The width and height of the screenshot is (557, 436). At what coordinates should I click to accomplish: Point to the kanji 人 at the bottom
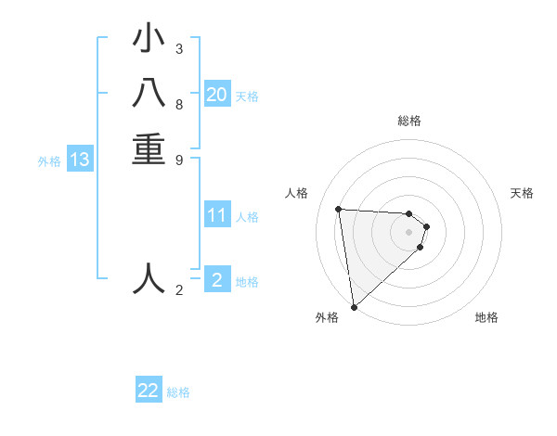pos(149,278)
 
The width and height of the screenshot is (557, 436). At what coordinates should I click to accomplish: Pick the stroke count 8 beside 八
pos(178,104)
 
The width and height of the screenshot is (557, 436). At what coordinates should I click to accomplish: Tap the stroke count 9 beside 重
pos(178,159)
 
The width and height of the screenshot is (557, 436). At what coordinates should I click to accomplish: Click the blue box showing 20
pos(217,95)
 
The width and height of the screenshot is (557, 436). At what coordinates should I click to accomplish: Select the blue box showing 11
pos(217,216)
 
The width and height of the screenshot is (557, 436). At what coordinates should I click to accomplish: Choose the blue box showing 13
pos(80,160)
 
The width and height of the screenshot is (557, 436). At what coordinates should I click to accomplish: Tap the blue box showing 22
pos(149,391)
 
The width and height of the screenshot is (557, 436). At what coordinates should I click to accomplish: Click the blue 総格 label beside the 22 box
pos(178,392)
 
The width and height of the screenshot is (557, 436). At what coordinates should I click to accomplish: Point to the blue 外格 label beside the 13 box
pos(49,161)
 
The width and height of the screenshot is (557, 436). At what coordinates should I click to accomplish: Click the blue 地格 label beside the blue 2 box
pos(247,282)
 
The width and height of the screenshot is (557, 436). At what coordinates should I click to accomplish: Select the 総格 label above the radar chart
pos(409,121)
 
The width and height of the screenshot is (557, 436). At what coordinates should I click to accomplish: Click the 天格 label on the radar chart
pos(522,193)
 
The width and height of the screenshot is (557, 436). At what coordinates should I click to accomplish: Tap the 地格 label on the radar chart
pos(486,317)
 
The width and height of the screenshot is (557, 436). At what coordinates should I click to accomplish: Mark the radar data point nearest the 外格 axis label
pos(354,306)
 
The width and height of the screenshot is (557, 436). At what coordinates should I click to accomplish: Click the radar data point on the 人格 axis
pos(338,209)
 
